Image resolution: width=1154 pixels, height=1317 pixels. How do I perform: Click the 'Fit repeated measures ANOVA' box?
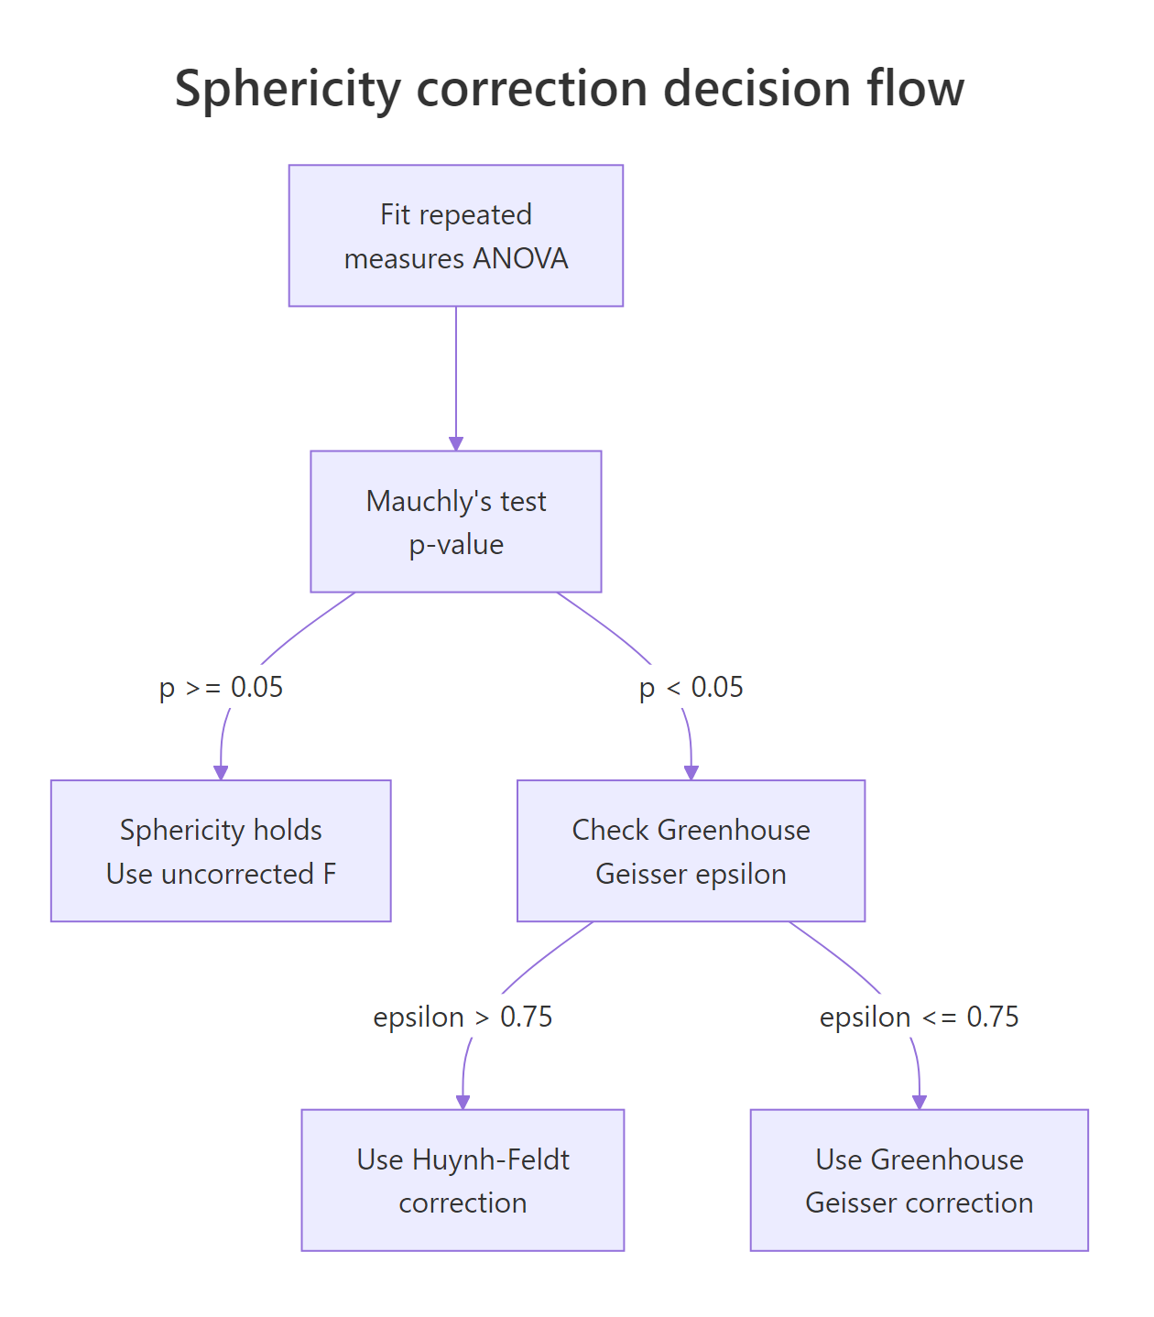coord(455,235)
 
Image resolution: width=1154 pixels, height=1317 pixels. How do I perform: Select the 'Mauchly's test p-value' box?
coord(455,521)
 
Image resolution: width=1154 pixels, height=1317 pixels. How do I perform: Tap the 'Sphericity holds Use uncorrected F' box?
coord(221,851)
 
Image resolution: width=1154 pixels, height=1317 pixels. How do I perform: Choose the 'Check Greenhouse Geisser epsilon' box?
coord(691,851)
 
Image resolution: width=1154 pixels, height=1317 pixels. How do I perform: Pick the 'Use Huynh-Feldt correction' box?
coord(463,1180)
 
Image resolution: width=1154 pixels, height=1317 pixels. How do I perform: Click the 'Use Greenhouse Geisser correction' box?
coord(919,1180)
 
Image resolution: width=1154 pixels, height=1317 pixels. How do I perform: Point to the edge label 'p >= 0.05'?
coord(221,687)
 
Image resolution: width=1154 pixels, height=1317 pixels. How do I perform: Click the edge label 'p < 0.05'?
coord(691,687)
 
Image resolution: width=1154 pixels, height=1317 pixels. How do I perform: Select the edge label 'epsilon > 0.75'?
coord(463,1017)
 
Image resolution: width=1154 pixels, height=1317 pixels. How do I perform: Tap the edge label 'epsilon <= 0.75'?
coord(919,1017)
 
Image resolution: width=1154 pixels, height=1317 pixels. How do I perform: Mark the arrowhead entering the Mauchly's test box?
coord(456,443)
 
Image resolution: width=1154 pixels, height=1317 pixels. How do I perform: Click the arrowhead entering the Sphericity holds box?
coord(221,773)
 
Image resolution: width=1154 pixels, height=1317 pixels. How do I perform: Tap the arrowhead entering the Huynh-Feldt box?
coord(463,1103)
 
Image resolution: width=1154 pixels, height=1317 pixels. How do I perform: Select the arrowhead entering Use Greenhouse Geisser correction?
coord(919,1103)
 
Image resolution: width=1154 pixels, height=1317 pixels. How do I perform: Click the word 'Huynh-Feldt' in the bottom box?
coord(491,1159)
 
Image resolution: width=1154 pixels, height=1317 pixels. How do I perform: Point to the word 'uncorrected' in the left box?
coord(237,874)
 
